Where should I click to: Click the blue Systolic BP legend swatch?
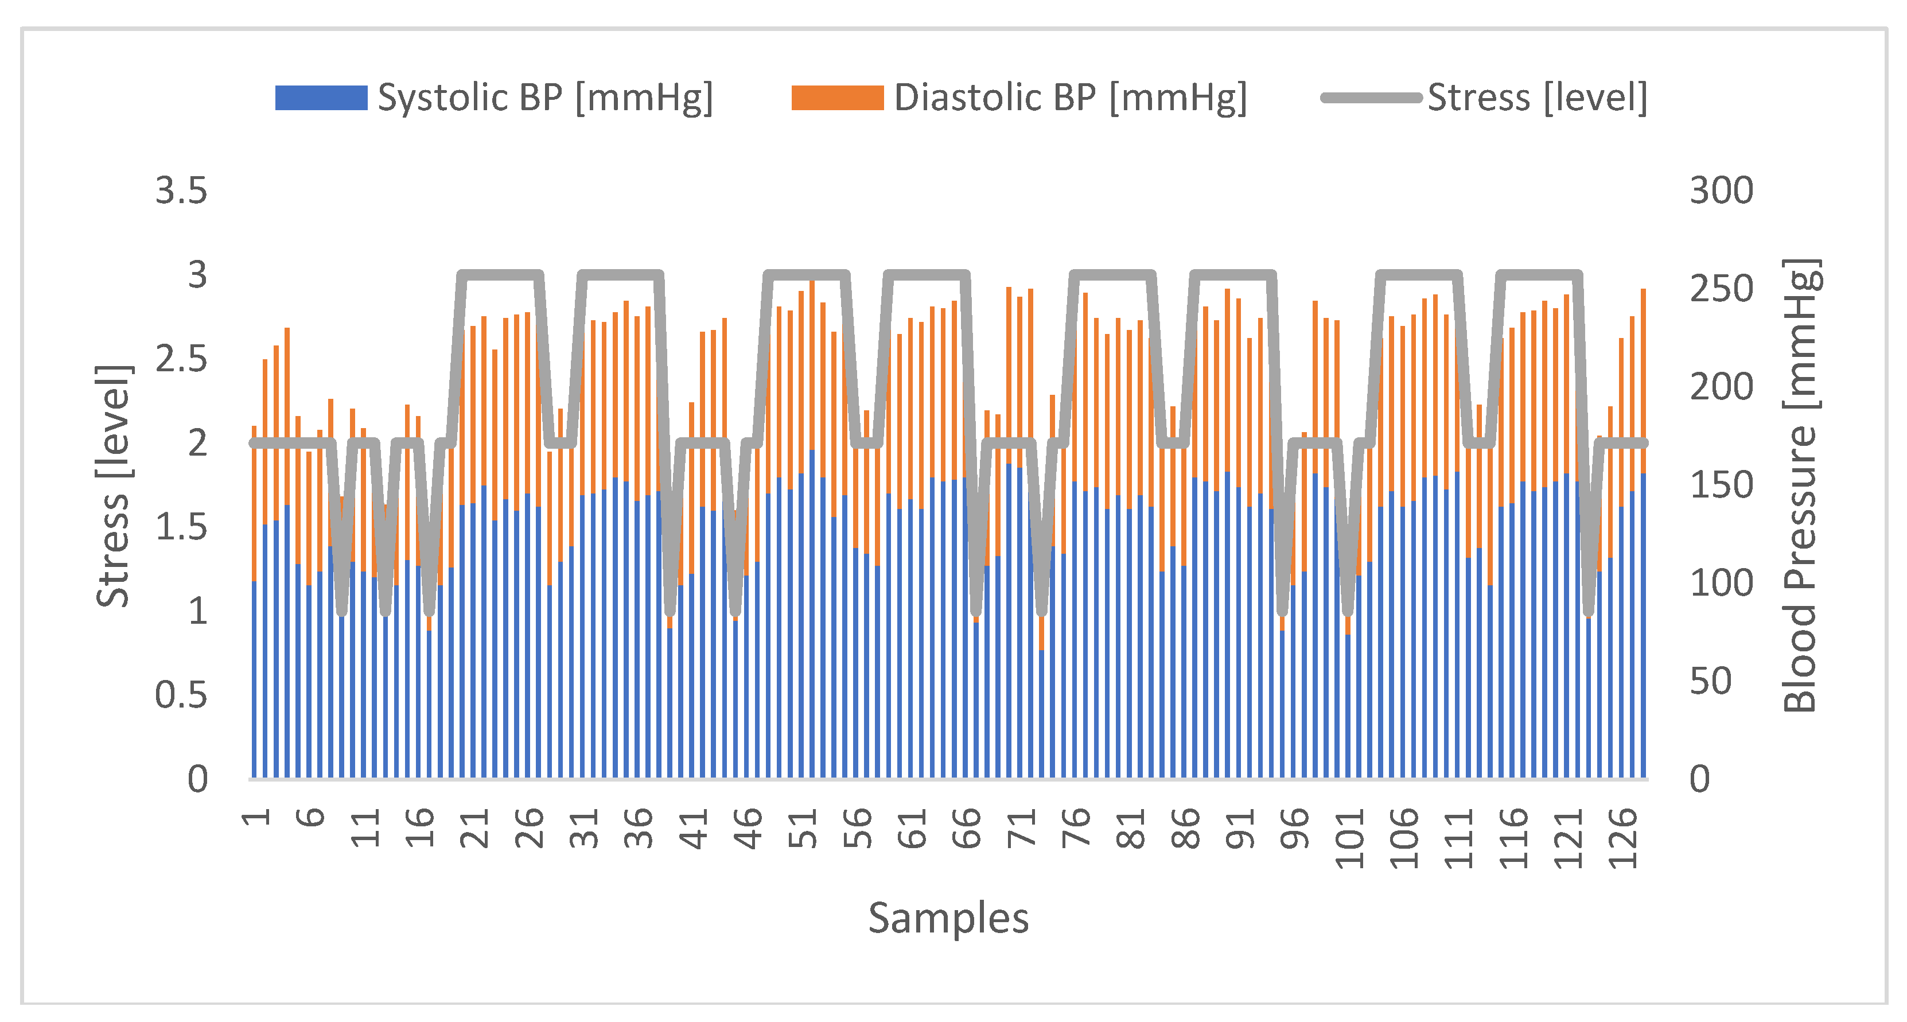click(x=321, y=98)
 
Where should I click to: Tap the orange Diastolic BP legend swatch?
click(x=836, y=98)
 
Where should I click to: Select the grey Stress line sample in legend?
click(x=1371, y=98)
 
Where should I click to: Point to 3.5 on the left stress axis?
click(x=181, y=191)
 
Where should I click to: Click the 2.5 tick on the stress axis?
click(x=181, y=359)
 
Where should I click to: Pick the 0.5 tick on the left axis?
click(x=181, y=695)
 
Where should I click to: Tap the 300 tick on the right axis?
click(x=1721, y=191)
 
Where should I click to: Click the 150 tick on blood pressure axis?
click(x=1721, y=485)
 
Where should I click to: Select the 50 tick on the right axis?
click(x=1711, y=681)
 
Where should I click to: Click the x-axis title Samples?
click(x=948, y=918)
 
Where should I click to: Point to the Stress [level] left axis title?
click(x=112, y=486)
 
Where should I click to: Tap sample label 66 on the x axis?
click(x=966, y=828)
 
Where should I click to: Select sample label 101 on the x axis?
click(x=1349, y=838)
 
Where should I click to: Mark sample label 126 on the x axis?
click(x=1622, y=838)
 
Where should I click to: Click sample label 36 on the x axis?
click(x=638, y=828)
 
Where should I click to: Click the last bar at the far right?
click(x=1644, y=629)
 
